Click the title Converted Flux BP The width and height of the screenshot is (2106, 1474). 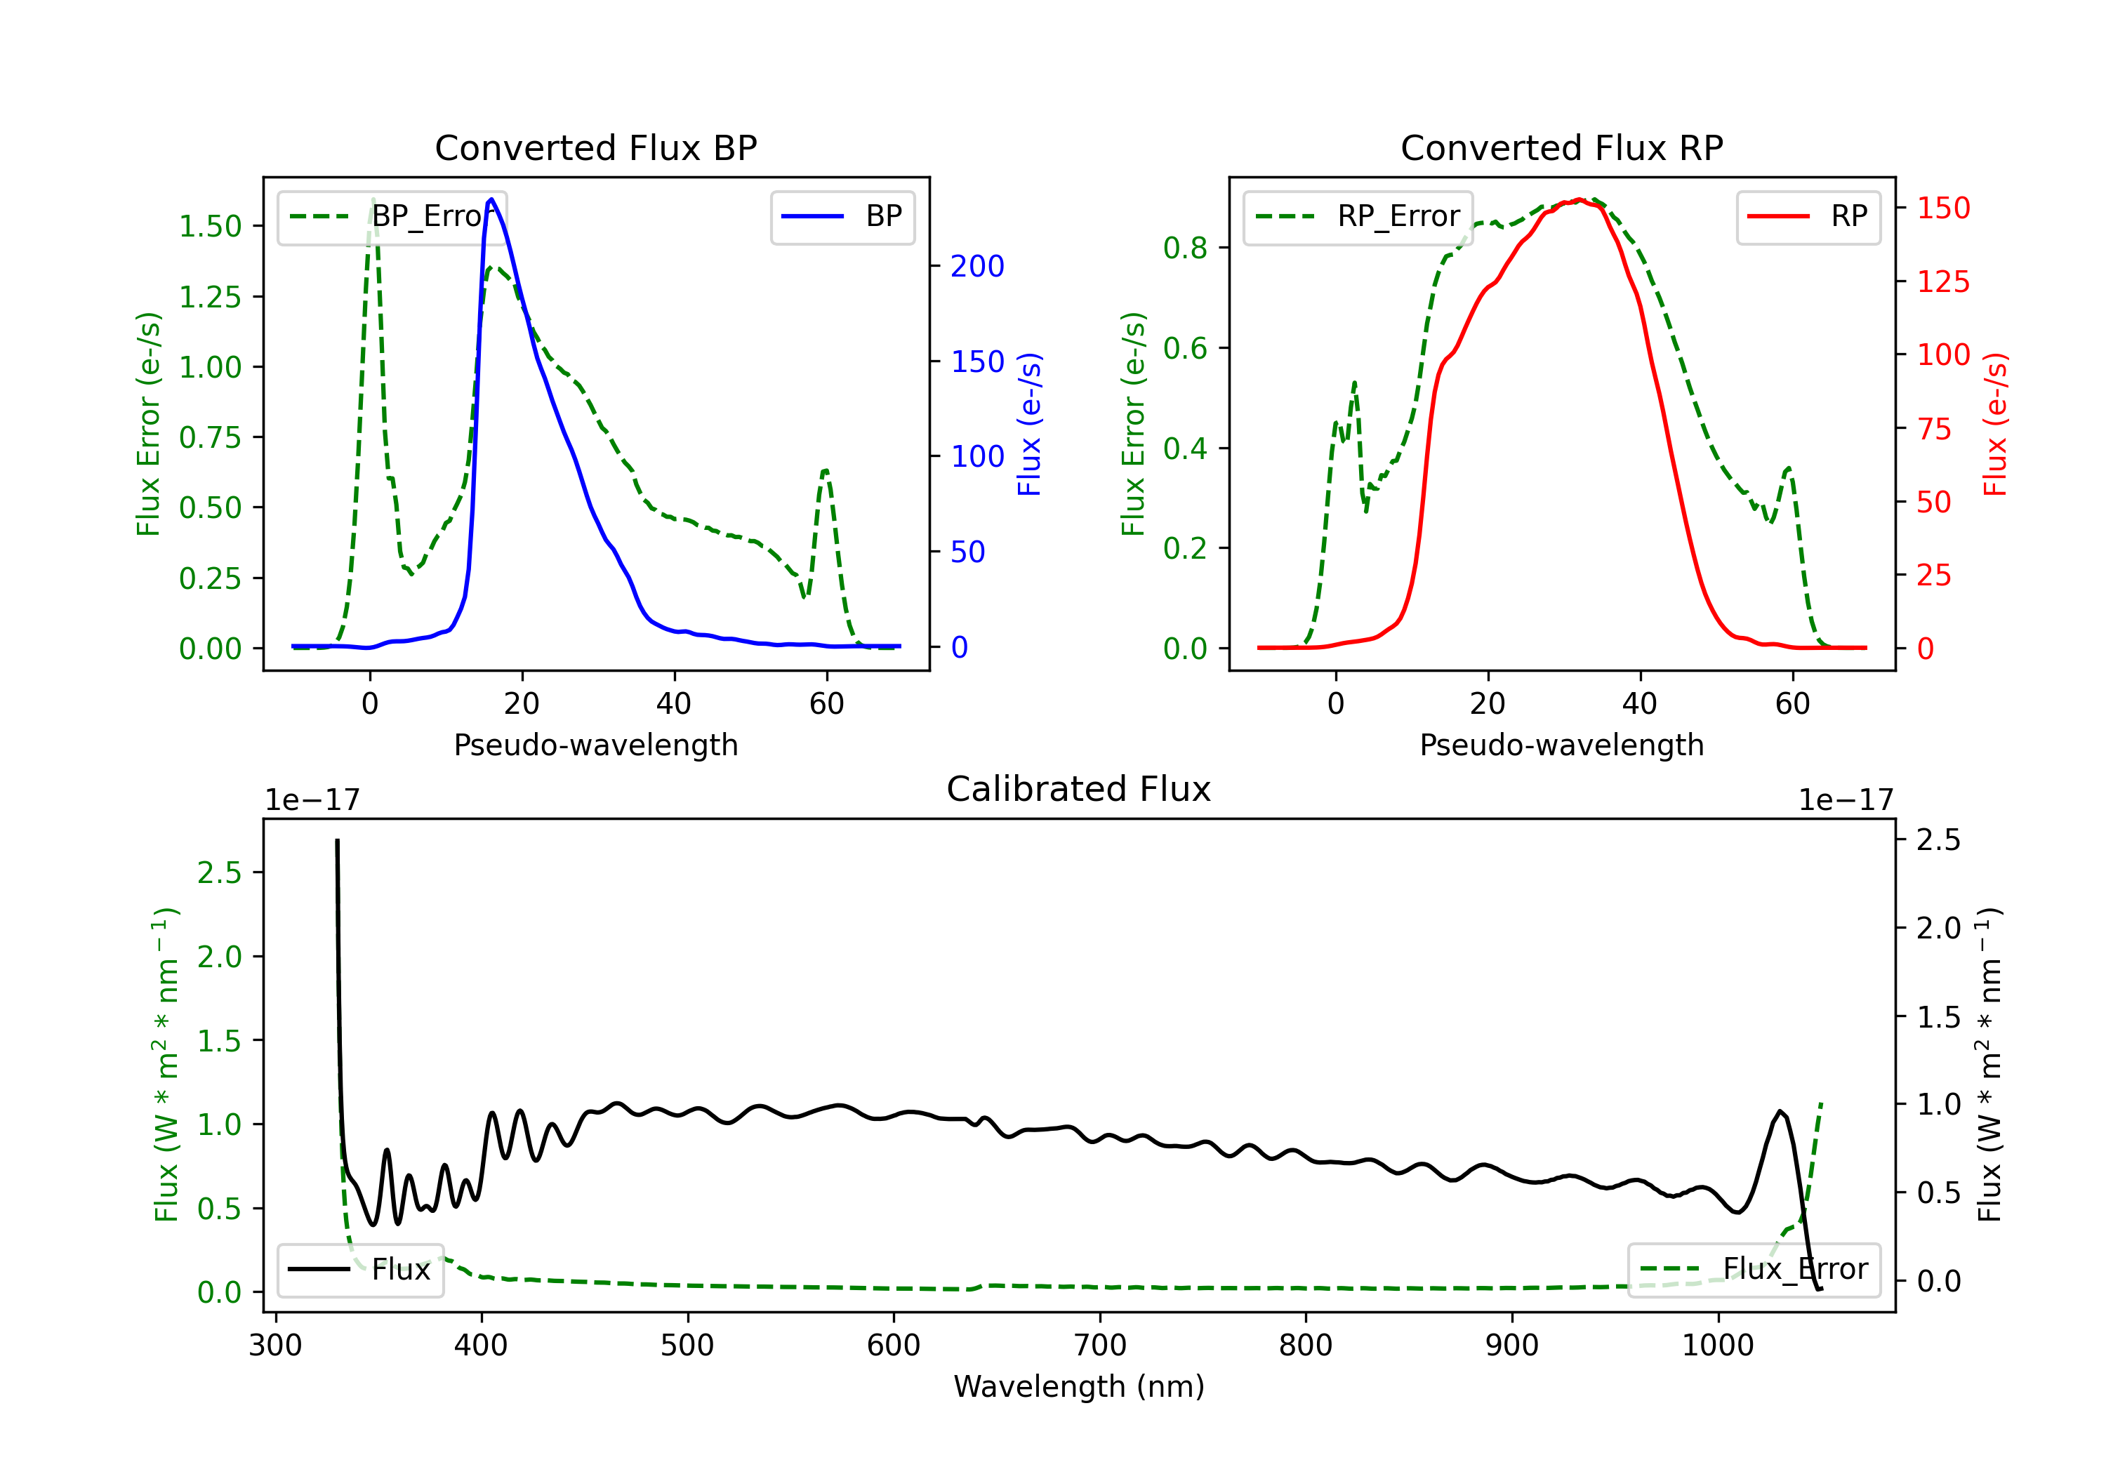click(595, 147)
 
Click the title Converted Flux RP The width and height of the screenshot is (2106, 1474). click(1561, 147)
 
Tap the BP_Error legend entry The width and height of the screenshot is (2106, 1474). click(392, 216)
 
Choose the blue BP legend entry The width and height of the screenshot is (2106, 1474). click(842, 216)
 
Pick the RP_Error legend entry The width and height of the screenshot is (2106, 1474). click(1358, 216)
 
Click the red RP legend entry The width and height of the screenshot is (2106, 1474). click(1808, 216)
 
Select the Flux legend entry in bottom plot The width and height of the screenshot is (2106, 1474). click(359, 1270)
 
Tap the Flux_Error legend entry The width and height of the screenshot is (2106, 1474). click(1753, 1270)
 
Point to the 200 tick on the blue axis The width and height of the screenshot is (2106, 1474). click(977, 266)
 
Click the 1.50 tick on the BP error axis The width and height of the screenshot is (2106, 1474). click(210, 227)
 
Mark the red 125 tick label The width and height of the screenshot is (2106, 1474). click(1942, 281)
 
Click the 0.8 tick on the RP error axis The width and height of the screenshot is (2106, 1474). click(1185, 248)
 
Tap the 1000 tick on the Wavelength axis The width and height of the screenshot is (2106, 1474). click(1717, 1346)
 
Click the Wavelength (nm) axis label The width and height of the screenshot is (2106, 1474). click(1079, 1386)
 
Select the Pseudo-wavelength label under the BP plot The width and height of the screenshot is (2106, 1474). click(595, 745)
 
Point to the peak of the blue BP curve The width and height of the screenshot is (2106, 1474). click(491, 199)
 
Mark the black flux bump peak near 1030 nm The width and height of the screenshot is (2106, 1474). click(1780, 1112)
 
